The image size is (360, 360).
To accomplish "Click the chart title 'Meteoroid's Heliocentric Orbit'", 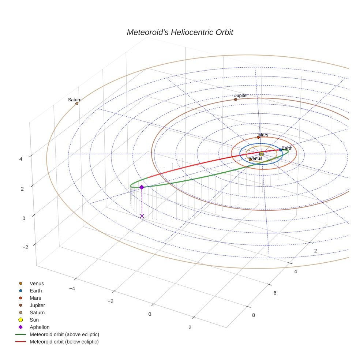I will [x=180, y=32].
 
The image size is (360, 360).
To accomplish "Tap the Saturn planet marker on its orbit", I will [x=77, y=104].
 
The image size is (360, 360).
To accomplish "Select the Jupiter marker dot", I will [x=236, y=100].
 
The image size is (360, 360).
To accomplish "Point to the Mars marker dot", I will [x=258, y=137].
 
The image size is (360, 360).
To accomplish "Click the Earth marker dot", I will [x=281, y=150].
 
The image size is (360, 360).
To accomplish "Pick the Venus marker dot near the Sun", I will [x=250, y=160].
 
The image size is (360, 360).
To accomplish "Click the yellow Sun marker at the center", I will [x=261, y=154].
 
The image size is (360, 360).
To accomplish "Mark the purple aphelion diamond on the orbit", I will [x=142, y=187].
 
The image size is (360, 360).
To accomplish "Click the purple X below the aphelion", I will [x=142, y=216].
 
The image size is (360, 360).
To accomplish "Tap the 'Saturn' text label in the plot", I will [x=75, y=100].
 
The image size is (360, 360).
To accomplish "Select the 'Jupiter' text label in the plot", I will [x=241, y=95].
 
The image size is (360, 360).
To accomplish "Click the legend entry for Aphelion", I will [x=40, y=327].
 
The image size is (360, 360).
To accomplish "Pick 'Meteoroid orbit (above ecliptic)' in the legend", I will [x=64, y=334].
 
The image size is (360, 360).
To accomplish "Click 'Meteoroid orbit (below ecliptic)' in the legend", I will [x=64, y=342].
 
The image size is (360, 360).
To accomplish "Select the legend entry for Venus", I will [x=37, y=283].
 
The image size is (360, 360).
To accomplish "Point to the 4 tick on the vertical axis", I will [x=21, y=159].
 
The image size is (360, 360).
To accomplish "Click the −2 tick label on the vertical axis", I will [x=25, y=247].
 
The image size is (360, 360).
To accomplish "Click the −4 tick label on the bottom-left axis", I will [x=72, y=288].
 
